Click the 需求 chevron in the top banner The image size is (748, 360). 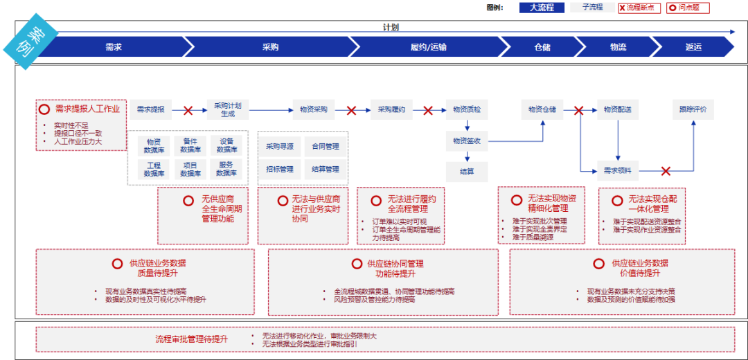click(x=114, y=47)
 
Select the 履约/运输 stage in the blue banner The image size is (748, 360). click(x=428, y=47)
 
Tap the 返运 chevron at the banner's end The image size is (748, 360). click(x=693, y=47)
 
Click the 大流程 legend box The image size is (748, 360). click(x=542, y=8)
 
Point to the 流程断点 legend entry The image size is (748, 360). click(x=639, y=8)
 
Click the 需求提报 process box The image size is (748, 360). click(x=150, y=109)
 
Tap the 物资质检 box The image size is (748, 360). click(x=467, y=109)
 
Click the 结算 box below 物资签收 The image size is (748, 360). click(x=467, y=171)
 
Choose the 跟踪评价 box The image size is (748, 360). click(x=693, y=109)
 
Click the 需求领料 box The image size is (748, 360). click(x=618, y=170)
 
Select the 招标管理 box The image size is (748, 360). click(x=280, y=169)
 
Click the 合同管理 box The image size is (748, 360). click(x=326, y=146)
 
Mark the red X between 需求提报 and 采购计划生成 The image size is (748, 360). click(x=188, y=110)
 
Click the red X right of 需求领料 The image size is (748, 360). click(x=666, y=170)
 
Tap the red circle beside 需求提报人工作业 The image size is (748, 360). click(x=44, y=109)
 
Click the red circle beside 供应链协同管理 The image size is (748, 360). click(x=357, y=264)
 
